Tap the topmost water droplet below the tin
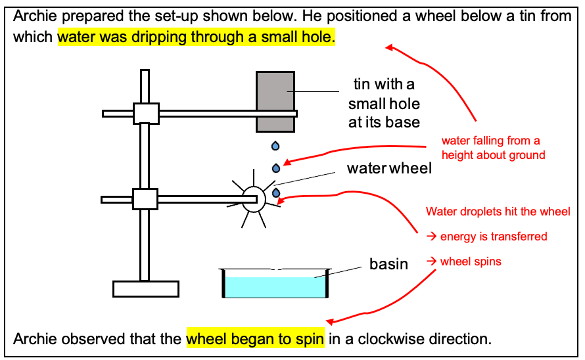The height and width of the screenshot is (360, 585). point(275,145)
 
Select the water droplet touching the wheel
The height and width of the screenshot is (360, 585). point(276,192)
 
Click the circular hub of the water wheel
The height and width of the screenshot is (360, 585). point(253,198)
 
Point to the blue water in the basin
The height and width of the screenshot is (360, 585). point(275,287)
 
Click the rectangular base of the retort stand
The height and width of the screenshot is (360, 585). point(145,288)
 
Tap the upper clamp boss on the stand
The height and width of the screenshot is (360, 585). point(146,113)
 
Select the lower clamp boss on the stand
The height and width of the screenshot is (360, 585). point(145,198)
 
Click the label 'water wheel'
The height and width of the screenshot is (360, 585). point(389,168)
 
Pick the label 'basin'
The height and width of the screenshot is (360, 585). point(388,264)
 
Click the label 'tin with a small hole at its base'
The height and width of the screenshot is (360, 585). point(384,103)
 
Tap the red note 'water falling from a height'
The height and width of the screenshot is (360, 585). point(493,148)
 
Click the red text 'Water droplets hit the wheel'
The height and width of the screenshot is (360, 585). point(498,212)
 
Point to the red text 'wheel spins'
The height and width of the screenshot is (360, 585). point(470,261)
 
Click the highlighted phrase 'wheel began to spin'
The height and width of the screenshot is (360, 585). point(255,339)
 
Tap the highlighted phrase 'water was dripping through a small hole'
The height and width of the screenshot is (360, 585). point(196,37)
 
